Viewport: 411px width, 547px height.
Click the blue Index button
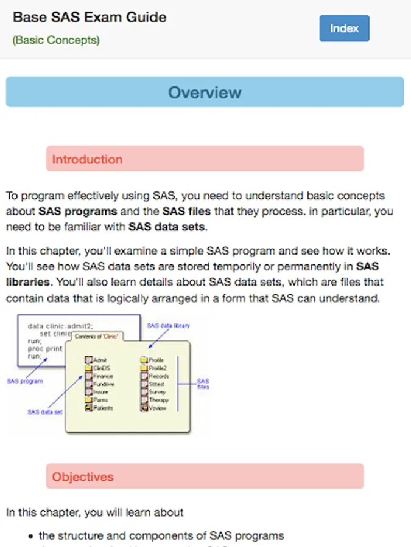(344, 29)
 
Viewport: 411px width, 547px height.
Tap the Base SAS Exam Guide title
(90, 16)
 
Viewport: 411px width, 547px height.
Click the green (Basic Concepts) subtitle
(56, 40)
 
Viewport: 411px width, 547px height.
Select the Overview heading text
(205, 92)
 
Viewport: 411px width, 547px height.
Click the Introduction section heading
(87, 159)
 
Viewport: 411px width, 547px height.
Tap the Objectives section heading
(83, 477)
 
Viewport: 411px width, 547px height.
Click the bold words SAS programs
(77, 212)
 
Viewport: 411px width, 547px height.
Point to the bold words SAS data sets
(167, 227)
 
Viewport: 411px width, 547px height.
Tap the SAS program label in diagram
(25, 382)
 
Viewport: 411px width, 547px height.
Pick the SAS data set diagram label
(44, 411)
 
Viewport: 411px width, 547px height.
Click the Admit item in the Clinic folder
(100, 360)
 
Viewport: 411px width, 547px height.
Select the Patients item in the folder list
(103, 408)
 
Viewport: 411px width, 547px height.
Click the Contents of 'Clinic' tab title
(96, 335)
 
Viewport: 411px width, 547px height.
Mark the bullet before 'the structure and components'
(31, 536)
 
